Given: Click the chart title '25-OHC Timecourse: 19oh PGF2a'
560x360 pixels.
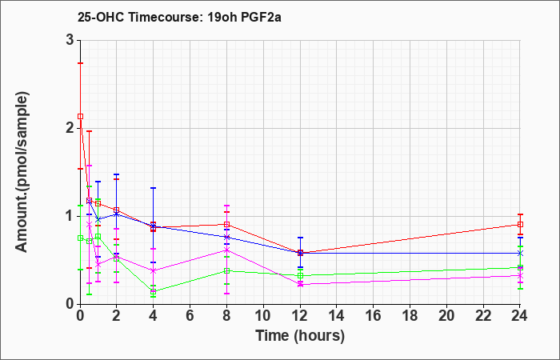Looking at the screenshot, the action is click(179, 17).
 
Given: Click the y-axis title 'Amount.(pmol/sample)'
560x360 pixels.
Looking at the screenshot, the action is click(22, 172).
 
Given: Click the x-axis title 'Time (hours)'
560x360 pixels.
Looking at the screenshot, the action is click(300, 336).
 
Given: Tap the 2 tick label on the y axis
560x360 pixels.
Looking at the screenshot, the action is click(70, 128).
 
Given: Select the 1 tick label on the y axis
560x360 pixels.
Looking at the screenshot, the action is click(70, 216).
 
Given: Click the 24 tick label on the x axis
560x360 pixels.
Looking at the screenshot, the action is click(519, 316).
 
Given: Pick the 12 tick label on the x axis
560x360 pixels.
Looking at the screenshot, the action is click(300, 316).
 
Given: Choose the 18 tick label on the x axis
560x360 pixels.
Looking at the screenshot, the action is click(410, 316).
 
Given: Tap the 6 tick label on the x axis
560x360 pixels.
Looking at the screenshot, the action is click(190, 316).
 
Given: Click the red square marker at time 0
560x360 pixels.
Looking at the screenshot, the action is click(80, 117).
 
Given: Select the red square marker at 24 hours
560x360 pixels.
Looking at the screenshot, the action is click(520, 224).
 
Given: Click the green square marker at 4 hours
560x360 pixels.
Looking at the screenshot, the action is click(154, 291).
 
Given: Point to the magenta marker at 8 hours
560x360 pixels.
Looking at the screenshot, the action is click(226, 250).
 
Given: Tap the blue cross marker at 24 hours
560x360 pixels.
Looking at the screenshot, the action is click(520, 253).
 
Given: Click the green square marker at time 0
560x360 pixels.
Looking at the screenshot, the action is click(80, 238).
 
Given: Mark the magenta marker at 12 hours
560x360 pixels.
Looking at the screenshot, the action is click(300, 284).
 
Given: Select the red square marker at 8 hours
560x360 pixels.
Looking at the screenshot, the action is click(226, 224).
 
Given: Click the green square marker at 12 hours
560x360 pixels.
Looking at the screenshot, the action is click(300, 275).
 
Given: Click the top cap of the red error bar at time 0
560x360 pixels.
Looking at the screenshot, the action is click(80, 63).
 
